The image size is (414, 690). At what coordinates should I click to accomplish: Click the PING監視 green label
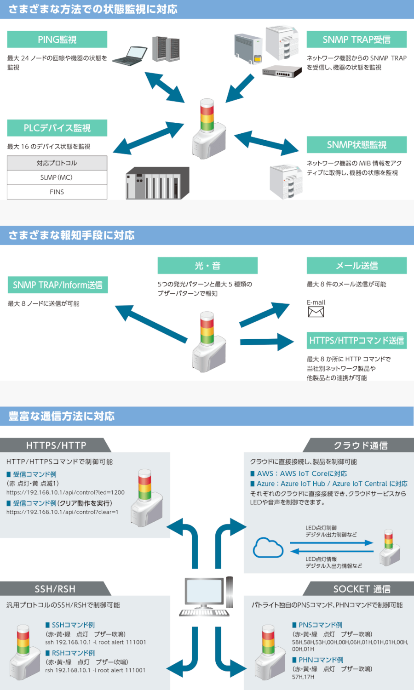57,40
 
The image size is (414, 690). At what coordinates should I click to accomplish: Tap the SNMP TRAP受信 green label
356,40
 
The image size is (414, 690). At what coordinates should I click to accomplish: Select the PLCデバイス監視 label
57,128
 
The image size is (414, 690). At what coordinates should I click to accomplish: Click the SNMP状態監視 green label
356,145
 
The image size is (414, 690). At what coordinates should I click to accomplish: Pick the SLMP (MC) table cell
57,177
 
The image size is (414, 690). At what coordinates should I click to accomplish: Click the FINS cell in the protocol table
57,192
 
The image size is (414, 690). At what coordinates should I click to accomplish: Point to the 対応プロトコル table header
57,163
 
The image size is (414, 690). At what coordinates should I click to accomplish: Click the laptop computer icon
130,56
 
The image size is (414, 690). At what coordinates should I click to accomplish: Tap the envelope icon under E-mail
316,312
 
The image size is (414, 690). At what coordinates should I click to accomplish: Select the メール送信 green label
356,266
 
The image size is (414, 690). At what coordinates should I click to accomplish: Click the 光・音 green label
207,266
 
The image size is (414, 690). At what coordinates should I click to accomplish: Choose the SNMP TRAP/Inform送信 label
57,285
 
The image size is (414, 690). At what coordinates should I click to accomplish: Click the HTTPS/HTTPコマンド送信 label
356,341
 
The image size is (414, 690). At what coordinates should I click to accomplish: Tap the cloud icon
268,547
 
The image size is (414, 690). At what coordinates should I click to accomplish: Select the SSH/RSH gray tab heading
55,589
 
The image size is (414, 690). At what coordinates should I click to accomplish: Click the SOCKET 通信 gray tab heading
362,589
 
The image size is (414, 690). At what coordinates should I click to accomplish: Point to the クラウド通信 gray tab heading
361,445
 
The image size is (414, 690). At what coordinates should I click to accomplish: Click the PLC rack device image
157,183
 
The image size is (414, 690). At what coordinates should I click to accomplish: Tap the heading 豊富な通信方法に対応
62,416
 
